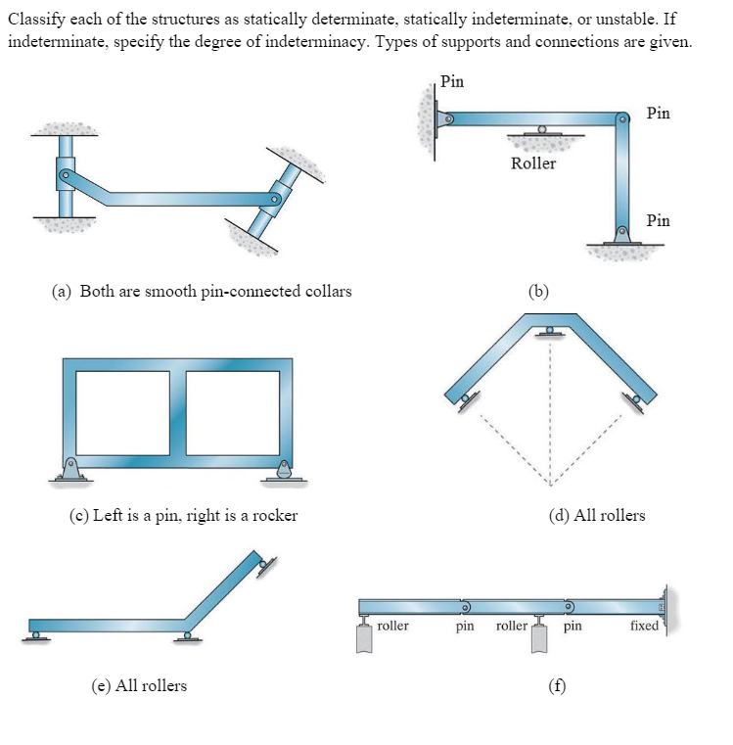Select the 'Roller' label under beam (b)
(533, 163)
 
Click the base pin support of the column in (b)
(620, 237)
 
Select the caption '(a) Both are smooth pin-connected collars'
(202, 291)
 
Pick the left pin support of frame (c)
(70, 471)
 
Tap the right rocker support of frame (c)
(284, 471)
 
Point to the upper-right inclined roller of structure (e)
(263, 564)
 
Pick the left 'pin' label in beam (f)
(466, 626)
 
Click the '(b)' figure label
(539, 291)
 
